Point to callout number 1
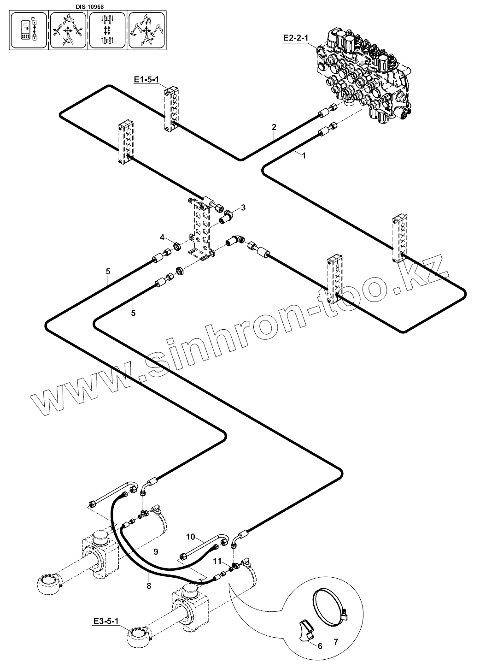(303, 156)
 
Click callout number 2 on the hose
(274, 126)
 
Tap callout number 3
(243, 207)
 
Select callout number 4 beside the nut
(162, 237)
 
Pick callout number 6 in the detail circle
(320, 646)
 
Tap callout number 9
(156, 551)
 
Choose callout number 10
(192, 537)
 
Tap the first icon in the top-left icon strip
(29, 30)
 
